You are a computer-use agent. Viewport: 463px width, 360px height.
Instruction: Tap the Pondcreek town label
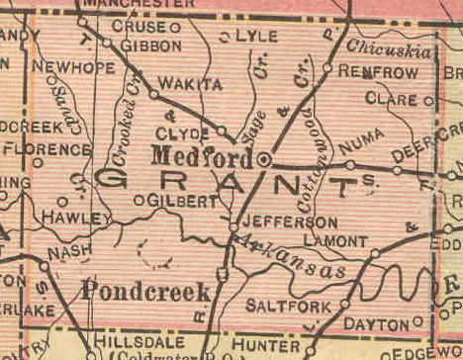click(146, 291)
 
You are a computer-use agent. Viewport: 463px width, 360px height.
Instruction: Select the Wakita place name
click(190, 84)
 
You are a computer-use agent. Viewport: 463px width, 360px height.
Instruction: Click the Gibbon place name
click(149, 45)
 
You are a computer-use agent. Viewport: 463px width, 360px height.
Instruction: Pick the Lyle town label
click(255, 37)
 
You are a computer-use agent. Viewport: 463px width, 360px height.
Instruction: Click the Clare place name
click(391, 99)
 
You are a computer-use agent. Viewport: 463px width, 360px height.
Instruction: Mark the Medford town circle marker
click(264, 158)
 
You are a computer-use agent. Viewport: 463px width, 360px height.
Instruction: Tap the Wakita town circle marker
click(153, 94)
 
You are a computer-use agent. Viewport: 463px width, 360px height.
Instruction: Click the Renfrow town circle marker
click(327, 67)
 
